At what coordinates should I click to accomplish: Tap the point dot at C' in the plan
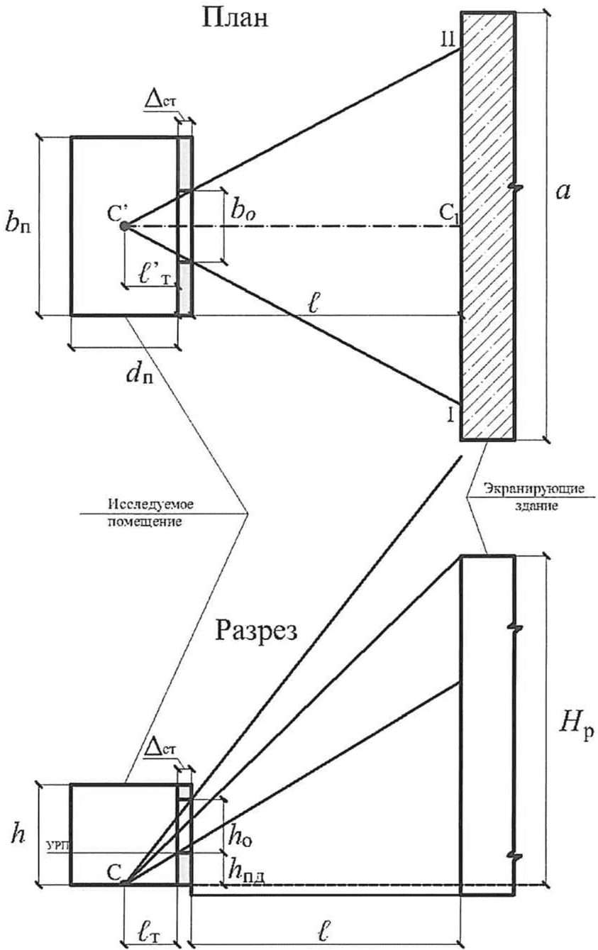[124, 226]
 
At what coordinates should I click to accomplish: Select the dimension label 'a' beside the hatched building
[563, 192]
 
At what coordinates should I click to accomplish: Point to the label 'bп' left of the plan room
[18, 224]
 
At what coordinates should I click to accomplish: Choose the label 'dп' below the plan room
[140, 373]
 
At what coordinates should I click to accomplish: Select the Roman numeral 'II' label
[447, 41]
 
